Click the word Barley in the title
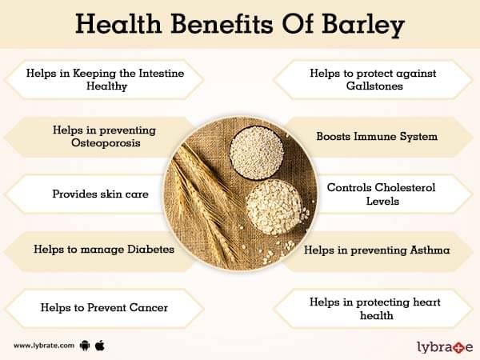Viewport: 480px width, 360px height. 363,25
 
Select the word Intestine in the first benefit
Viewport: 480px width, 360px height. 162,73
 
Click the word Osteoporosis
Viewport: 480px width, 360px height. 106,143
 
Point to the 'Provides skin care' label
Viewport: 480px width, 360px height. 101,194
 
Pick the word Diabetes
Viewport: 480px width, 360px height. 150,249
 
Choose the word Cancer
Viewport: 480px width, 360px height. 149,308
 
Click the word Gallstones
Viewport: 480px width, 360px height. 374,86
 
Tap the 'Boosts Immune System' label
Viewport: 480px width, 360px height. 377,137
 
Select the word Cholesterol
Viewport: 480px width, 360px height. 404,187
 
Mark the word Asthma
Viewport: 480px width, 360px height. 430,250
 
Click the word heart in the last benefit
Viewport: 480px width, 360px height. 426,302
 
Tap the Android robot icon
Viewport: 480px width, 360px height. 85,346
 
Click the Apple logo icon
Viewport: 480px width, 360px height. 100,346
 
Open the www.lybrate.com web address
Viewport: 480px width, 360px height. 44,346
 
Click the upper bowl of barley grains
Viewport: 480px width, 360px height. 257,152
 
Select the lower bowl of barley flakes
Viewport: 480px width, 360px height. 274,207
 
